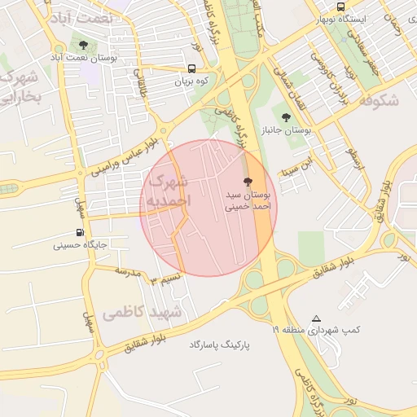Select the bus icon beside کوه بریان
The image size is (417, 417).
pos(192,69)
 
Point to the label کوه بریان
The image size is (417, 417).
pos(192,82)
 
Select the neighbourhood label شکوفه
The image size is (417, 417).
pos(376,100)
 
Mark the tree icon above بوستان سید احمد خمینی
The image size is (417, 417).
pos(248,182)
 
